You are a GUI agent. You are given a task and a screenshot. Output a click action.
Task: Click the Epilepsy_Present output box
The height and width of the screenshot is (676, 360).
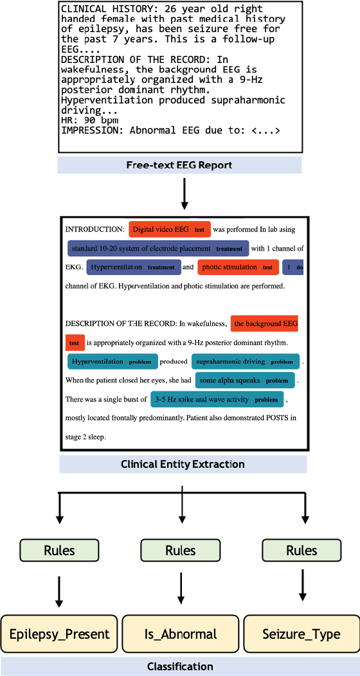pos(59,634)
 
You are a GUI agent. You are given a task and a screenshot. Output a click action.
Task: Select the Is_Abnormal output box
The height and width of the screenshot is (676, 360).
pos(180,634)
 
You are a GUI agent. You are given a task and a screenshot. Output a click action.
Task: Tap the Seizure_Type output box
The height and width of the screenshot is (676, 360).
pos(301,634)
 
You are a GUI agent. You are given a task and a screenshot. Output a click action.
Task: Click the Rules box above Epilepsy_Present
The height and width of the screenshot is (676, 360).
pos(59,550)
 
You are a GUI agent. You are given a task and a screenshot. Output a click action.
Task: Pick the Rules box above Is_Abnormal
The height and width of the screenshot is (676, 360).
pos(180,550)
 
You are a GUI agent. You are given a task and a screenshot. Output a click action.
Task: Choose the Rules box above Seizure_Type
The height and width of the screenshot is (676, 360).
pos(301,550)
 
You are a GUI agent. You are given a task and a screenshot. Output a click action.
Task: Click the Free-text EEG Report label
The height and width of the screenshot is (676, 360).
pos(179,165)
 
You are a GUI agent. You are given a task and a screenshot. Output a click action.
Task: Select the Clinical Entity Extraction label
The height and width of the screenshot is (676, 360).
pos(183,464)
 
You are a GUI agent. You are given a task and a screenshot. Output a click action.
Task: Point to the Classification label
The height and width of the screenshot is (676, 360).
pos(179,666)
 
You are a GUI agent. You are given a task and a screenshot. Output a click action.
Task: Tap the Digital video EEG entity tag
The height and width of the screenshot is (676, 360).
pos(170,229)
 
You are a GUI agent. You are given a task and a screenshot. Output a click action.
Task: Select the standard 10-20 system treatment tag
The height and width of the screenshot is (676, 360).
pos(157,248)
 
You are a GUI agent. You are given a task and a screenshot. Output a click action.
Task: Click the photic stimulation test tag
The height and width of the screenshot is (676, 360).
pos(237,267)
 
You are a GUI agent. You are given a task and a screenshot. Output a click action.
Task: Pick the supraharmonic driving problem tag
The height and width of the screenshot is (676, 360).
pos(244,362)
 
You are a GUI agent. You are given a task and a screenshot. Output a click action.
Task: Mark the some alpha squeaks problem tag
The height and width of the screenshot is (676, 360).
pos(244,380)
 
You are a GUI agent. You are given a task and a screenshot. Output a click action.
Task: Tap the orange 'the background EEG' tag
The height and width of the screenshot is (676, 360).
pos(265,324)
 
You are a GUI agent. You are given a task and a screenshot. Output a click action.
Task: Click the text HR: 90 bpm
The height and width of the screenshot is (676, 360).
pos(89,120)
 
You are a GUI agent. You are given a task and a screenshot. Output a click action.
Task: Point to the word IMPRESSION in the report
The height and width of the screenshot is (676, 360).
pos(91,130)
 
